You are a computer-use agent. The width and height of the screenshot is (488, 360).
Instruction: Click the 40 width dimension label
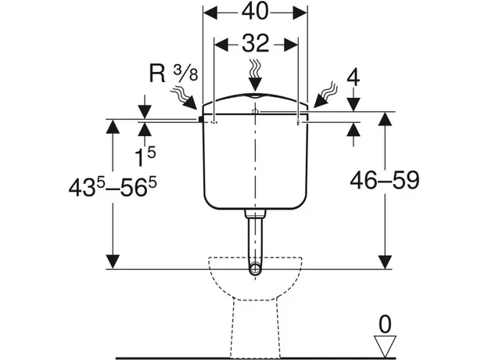(255, 13)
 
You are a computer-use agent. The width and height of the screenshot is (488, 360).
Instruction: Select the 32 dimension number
(256, 44)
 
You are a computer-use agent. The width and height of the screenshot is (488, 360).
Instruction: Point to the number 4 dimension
(353, 77)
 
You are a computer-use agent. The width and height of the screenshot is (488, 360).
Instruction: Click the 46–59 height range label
(385, 180)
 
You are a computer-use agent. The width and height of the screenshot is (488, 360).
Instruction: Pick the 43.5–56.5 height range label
(113, 187)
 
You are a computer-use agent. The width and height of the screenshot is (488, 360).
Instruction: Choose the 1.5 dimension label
(145, 157)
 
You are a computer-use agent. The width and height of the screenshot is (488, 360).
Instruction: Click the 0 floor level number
(385, 325)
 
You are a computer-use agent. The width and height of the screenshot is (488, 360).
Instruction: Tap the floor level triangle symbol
(385, 346)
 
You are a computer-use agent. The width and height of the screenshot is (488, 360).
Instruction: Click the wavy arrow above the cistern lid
(256, 74)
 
